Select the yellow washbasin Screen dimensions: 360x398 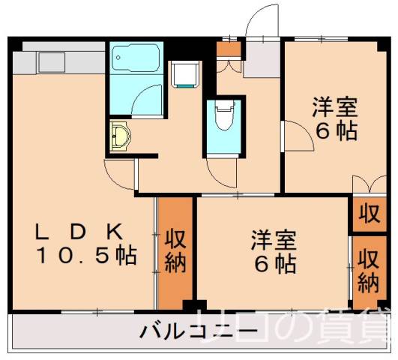tap(119, 136)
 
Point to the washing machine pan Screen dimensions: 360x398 tap(184, 74)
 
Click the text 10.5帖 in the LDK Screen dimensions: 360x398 tap(86, 256)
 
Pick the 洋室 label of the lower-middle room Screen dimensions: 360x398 tap(273, 241)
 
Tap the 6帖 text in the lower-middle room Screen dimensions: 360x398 tap(273, 264)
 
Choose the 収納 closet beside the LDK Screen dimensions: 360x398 tap(175, 252)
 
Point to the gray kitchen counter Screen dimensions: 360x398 tap(60, 59)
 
